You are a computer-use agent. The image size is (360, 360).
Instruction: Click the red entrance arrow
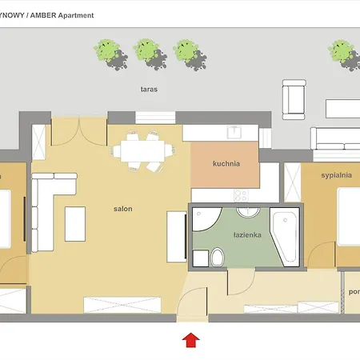[x=190, y=341]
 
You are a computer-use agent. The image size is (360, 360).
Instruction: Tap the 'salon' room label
[x=122, y=209]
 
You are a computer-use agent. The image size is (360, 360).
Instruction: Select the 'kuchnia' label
[x=226, y=164]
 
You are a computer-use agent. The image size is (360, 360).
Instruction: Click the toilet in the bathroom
[x=217, y=256]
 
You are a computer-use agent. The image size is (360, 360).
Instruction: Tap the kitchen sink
[x=234, y=133]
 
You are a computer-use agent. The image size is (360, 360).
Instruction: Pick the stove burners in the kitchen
[x=242, y=195]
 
